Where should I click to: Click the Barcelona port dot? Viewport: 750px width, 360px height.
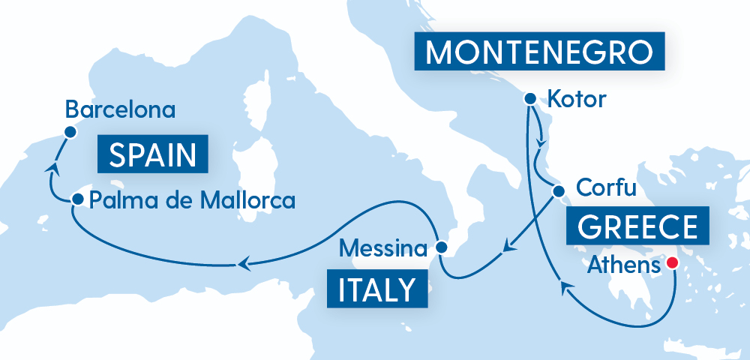pos(70,132)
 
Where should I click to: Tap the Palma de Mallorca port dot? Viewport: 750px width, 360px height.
pos(77,199)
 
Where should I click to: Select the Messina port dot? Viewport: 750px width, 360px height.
pos(442,247)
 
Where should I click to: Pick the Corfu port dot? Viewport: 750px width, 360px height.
pos(558,191)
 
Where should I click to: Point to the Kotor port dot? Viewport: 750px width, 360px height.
pos(529,98)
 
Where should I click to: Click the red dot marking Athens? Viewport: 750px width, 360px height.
pos(673,263)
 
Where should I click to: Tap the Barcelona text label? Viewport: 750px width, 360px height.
pos(120,110)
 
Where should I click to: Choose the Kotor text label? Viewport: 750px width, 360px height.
pos(576,98)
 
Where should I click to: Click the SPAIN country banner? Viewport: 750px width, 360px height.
pos(153,156)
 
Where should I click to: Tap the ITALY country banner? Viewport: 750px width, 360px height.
pos(377,288)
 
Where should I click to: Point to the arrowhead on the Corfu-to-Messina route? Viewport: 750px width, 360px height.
pos(508,245)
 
